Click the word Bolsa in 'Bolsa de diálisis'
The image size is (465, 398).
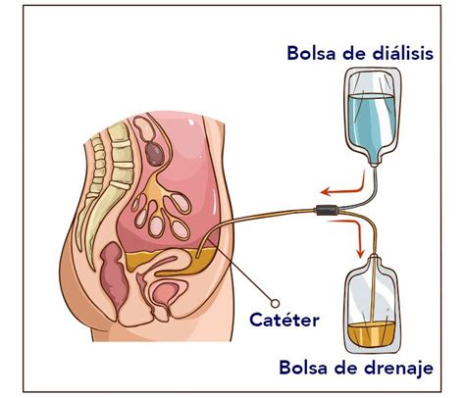311,53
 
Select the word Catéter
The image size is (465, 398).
284,320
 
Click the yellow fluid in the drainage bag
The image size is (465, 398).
371,334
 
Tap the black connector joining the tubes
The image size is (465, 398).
327,210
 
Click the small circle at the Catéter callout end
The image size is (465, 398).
275,304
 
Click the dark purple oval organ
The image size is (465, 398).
155,154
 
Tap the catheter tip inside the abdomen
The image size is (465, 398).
197,257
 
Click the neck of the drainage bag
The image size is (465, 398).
374,260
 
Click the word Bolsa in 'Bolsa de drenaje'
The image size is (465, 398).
303,368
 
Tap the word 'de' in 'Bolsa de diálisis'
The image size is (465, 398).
353,53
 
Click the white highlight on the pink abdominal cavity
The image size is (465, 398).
191,123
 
